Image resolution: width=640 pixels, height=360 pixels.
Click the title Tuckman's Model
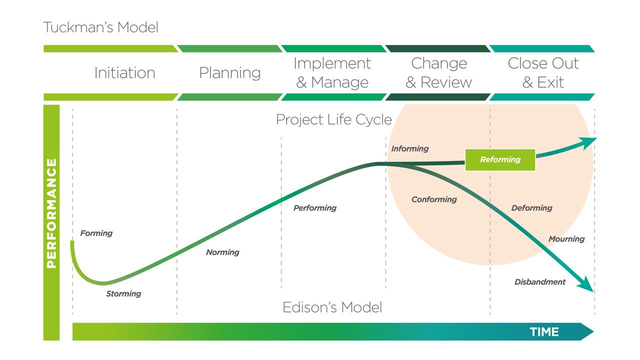coord(100,27)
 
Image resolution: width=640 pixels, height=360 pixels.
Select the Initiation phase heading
coord(124,73)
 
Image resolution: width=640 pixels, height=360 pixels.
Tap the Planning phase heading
coord(229,73)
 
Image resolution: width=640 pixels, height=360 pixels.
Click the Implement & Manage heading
coord(332,73)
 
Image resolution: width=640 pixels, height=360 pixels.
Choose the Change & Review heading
coord(438,73)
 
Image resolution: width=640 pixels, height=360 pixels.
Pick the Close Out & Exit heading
coord(543,73)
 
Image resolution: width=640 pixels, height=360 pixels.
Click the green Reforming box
coord(500,160)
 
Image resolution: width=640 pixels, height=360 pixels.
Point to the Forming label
coord(96,233)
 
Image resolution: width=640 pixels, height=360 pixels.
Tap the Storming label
coord(123,293)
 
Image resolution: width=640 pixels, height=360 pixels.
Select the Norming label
coord(222,252)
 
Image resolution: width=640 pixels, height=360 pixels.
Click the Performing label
coord(314,208)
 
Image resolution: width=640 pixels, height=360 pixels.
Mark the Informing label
coord(410,148)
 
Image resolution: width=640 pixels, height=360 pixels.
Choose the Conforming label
coord(434,199)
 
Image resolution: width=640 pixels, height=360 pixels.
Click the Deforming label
coord(531,208)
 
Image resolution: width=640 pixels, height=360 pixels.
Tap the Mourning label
coord(566,239)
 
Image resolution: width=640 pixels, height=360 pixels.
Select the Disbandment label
coord(540,282)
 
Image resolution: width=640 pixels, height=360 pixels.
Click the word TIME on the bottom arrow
coord(544,332)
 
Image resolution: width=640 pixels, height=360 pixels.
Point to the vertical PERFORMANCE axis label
coord(51,213)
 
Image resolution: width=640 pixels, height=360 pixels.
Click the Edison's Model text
coord(332,307)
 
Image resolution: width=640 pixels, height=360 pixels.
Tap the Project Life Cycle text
coord(334,120)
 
